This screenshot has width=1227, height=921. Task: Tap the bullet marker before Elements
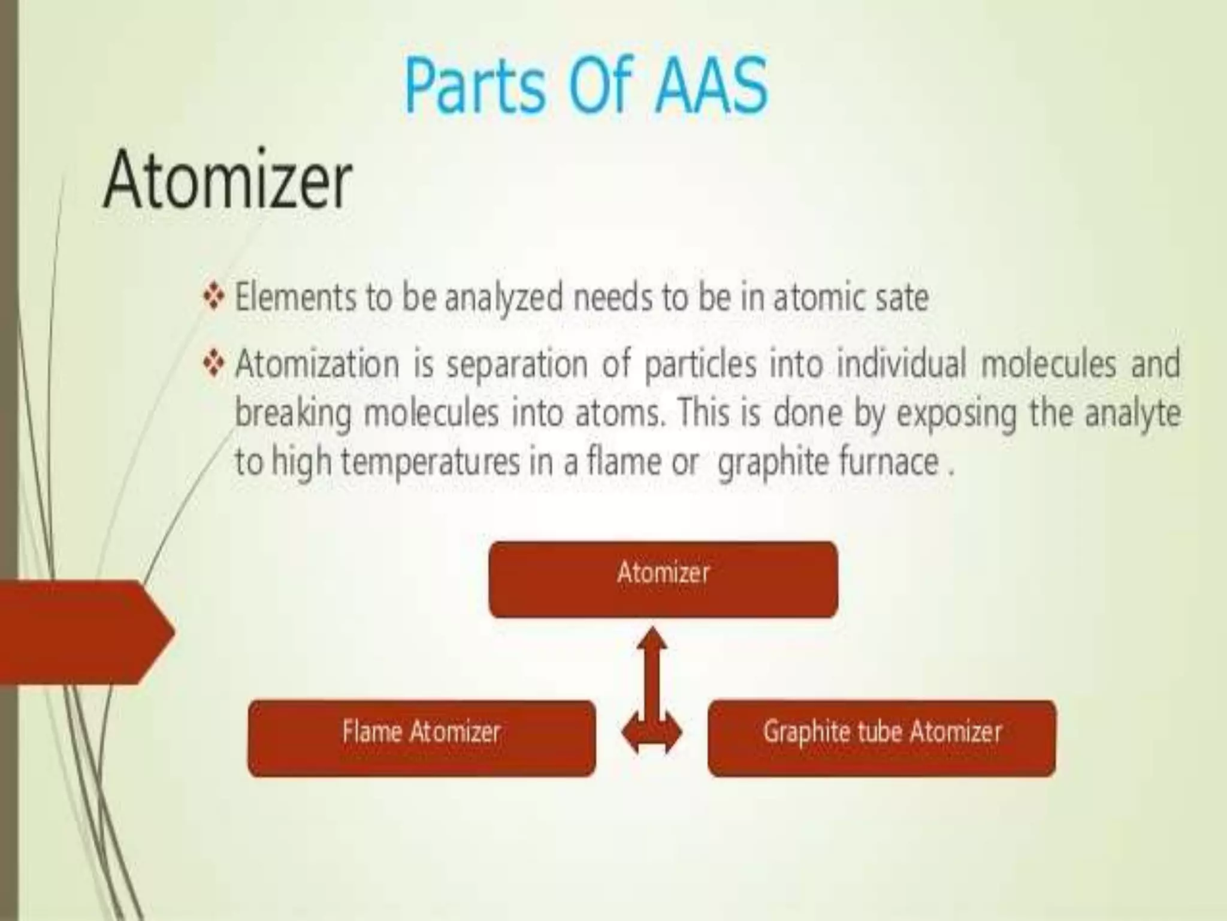(214, 297)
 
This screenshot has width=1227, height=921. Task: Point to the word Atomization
(317, 364)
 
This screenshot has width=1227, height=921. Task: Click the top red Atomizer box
(663, 579)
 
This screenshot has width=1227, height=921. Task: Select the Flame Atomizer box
(421, 738)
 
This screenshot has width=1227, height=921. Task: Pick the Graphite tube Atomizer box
(881, 738)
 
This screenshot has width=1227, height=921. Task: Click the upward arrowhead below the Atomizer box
(652, 642)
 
